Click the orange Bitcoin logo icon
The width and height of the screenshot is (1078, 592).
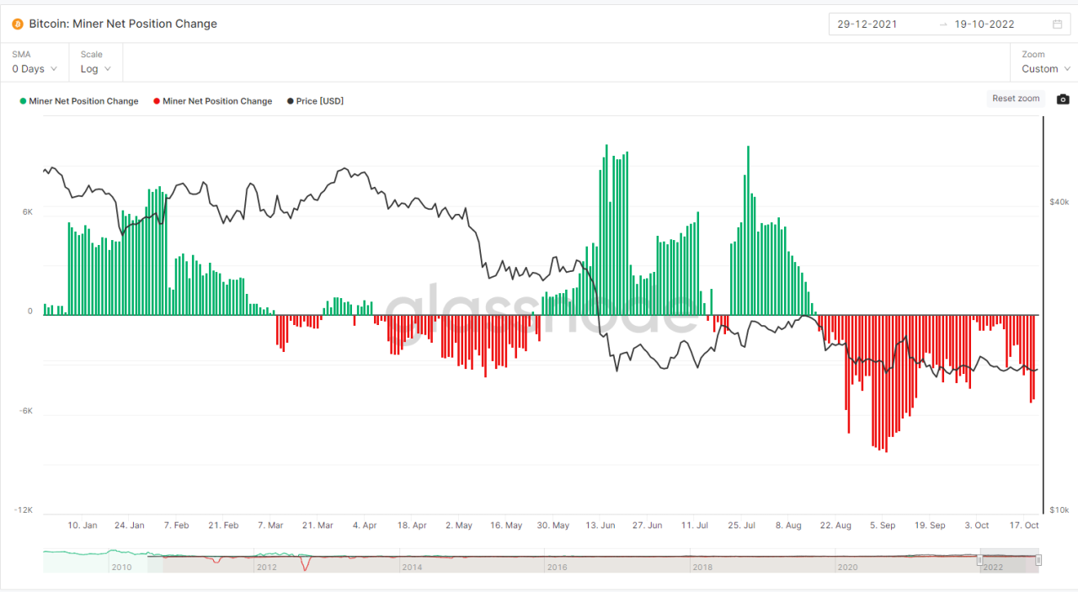(18, 24)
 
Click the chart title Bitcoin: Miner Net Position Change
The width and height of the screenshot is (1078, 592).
(123, 24)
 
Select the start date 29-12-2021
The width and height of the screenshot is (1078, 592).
(867, 24)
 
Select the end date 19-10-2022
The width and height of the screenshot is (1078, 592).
(984, 24)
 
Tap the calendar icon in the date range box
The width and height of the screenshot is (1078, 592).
(1057, 24)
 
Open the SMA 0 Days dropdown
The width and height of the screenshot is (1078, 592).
(35, 69)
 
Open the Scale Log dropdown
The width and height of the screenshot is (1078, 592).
(95, 69)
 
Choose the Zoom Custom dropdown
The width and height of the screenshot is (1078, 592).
(1044, 69)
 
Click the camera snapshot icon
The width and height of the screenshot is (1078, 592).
(1063, 99)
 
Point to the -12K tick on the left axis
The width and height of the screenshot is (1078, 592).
(22, 510)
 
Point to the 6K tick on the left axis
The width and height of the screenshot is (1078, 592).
(27, 212)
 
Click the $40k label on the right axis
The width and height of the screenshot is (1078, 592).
(1059, 202)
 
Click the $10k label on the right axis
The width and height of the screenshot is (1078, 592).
(1059, 510)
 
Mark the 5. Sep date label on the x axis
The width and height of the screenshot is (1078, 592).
(883, 525)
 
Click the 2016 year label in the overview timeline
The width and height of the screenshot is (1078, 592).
(557, 568)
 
